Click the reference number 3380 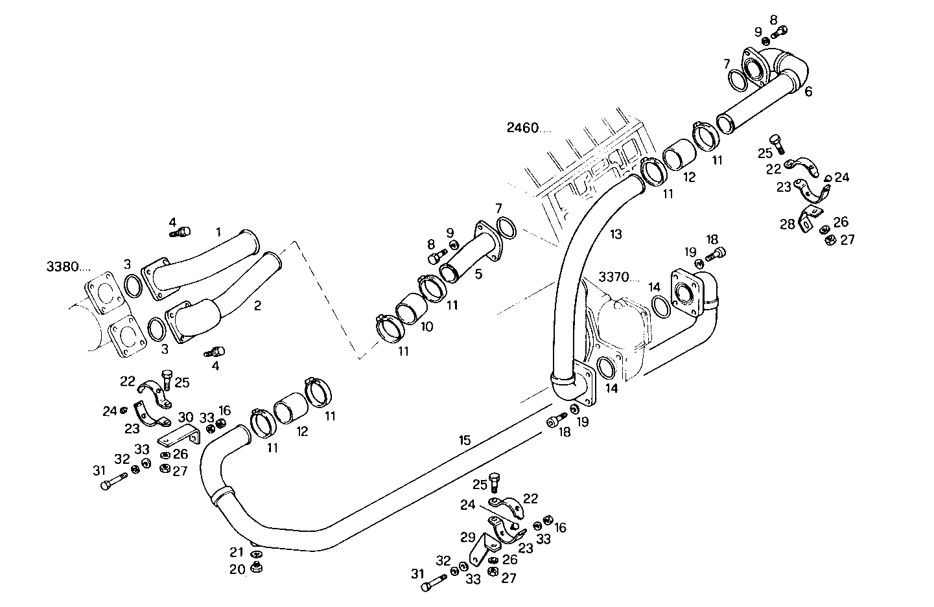(67, 266)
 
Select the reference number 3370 (614, 277)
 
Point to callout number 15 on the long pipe (465, 441)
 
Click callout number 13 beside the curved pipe (615, 233)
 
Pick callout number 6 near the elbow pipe (808, 92)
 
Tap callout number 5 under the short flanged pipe (478, 274)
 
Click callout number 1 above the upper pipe (218, 231)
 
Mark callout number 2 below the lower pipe (257, 306)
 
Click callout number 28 (788, 224)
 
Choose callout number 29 (468, 536)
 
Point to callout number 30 (186, 417)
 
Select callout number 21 (237, 552)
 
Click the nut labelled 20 (256, 567)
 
